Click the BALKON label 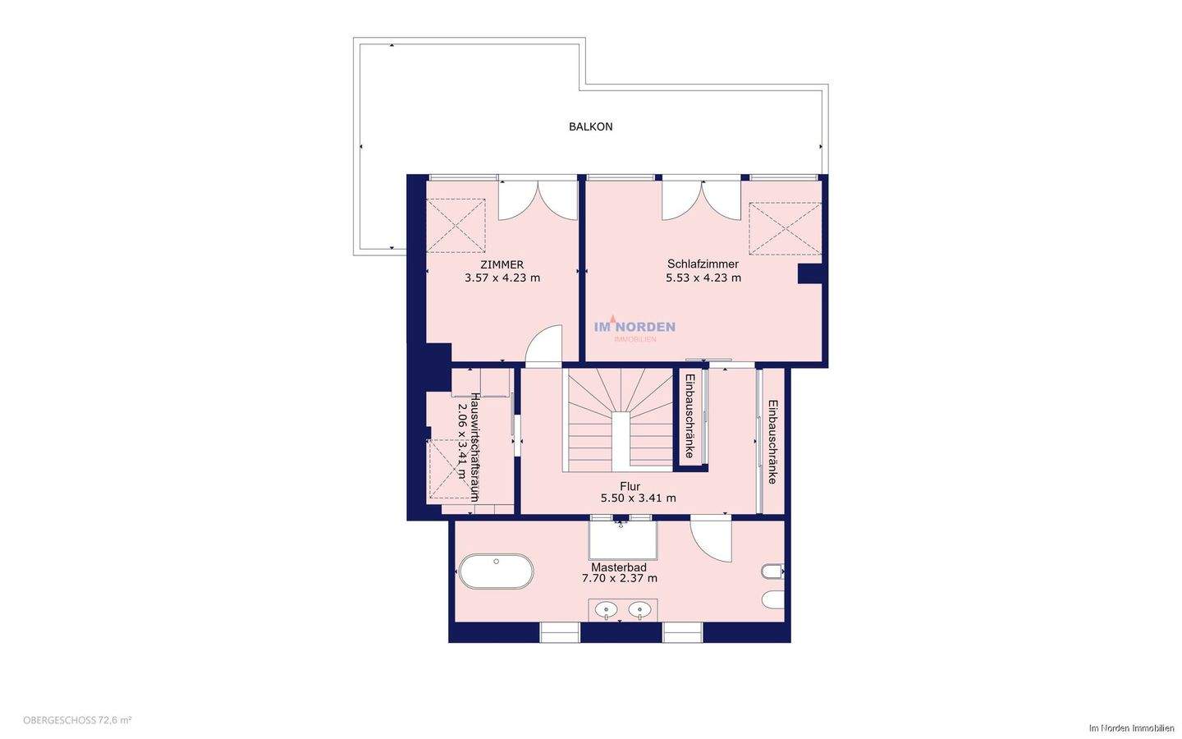pos(590,126)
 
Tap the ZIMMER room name pos(502,264)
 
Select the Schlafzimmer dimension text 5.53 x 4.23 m pos(703,278)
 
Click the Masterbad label pos(619,567)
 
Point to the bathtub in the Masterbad pos(496,571)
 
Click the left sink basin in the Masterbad pos(606,610)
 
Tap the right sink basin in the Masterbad pos(639,610)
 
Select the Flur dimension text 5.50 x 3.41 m pos(638,498)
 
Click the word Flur pos(630,486)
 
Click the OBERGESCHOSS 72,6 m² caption pos(77,720)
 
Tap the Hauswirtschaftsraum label pos(474,447)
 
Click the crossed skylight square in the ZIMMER pos(456,225)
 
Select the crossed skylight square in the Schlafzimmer pos(786,228)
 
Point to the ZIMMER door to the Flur pos(544,346)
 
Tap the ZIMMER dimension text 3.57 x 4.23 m pos(502,278)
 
